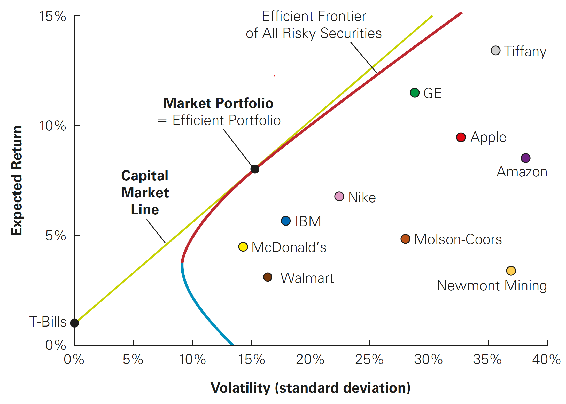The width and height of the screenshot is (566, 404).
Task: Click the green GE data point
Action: [415, 92]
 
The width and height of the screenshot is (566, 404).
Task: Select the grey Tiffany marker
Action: [495, 50]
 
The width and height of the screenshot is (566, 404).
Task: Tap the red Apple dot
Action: [461, 137]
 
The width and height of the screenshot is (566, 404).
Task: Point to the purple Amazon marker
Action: [525, 158]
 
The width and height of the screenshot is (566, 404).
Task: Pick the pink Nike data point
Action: [339, 196]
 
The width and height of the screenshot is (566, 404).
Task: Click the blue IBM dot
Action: [286, 221]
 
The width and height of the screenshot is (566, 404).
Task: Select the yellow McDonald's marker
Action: [243, 247]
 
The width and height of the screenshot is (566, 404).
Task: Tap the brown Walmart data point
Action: [268, 277]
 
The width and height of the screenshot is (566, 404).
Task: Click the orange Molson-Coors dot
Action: [405, 239]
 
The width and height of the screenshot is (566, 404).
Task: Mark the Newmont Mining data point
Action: [511, 270]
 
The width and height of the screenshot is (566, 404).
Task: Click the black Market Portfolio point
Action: [255, 169]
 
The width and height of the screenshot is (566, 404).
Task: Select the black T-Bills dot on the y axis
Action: [74, 323]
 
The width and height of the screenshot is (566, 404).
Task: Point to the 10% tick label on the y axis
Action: [53, 126]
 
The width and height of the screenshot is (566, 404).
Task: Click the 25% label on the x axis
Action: [369, 359]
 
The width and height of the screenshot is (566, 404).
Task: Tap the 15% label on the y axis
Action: [53, 16]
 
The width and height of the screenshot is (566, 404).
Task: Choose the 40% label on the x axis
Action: [546, 359]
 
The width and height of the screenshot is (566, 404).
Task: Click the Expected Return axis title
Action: [17, 181]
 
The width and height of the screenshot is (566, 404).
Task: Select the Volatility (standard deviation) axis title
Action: [311, 388]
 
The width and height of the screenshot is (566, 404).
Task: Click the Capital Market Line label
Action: [145, 192]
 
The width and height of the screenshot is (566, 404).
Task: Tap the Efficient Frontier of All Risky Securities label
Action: [314, 25]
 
